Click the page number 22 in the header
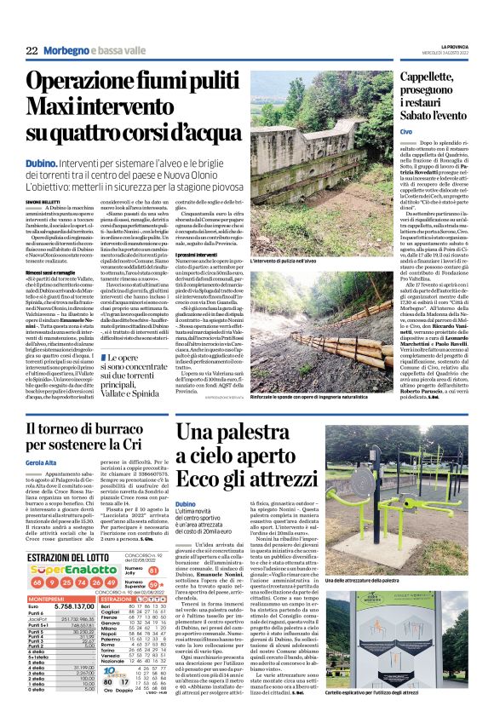(31, 51)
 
